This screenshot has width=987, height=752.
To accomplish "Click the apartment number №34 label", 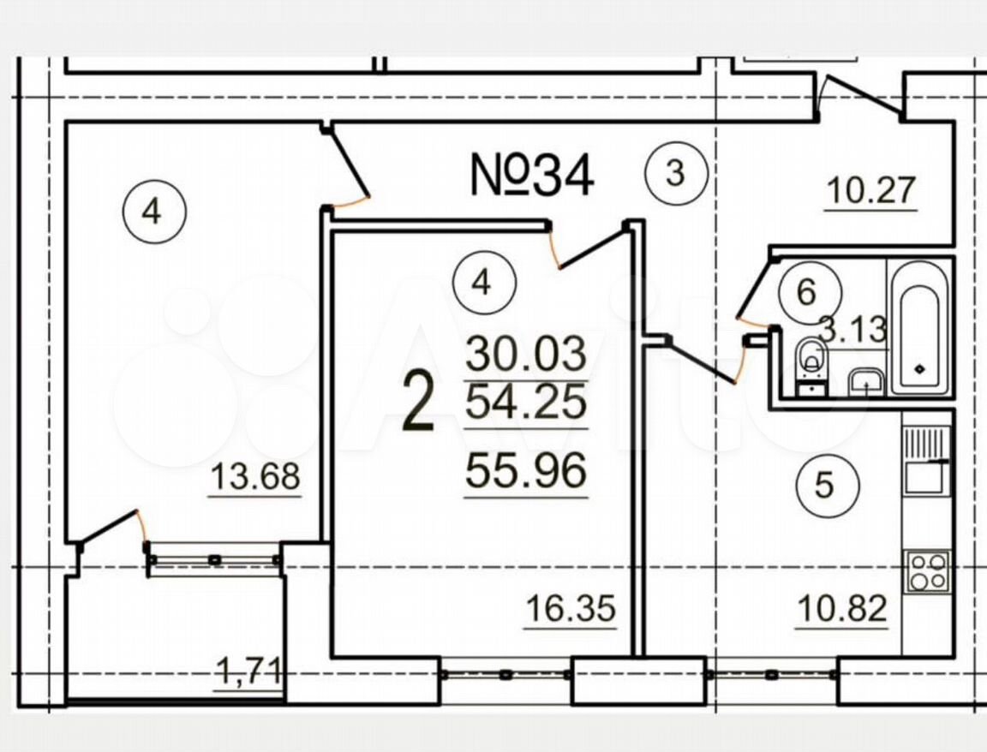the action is pos(532,176).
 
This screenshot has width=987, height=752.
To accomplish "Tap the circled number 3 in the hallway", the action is pos(676,173).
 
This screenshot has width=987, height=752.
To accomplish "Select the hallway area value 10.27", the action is pos(871,191).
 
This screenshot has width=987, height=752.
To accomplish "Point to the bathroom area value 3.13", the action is pos(853,329).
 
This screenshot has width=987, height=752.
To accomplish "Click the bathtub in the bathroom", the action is pos(919,327).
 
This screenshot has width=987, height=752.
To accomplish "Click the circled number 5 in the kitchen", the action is pos(824,485).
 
